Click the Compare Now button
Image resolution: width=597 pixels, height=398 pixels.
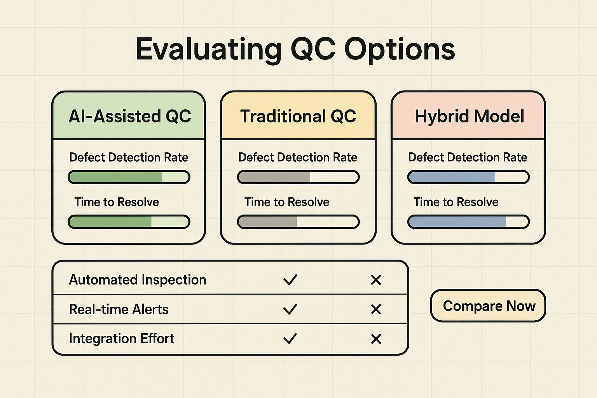(488, 305)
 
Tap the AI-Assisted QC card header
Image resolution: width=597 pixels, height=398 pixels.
(129, 115)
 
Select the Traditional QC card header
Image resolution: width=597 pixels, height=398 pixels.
(298, 115)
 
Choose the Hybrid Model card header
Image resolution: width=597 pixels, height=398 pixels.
(468, 115)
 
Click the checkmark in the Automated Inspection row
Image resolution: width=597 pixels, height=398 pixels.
(290, 279)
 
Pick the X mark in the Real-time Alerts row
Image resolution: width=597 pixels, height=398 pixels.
(376, 309)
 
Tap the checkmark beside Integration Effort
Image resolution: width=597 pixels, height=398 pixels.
(290, 339)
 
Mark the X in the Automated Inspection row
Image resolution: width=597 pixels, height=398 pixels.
(376, 280)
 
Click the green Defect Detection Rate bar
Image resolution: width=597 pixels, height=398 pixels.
(129, 177)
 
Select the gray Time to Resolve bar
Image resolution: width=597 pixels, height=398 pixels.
(298, 222)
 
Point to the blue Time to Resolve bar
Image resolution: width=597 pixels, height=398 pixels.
(468, 222)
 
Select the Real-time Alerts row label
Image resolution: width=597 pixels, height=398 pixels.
(119, 309)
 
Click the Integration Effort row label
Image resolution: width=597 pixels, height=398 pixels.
(122, 339)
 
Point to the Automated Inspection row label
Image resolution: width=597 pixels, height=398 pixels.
(138, 280)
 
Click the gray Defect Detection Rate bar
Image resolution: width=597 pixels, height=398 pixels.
(298, 177)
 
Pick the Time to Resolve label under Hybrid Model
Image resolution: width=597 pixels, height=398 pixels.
(456, 202)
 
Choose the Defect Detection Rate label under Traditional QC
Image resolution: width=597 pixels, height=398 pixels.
(298, 157)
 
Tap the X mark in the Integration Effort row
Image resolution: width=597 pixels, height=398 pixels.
(376, 339)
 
